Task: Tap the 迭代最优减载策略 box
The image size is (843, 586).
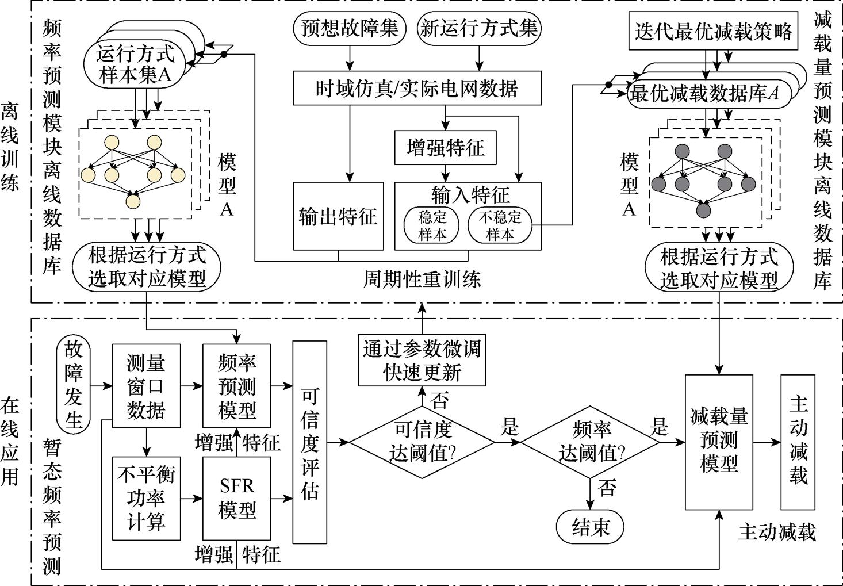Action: coord(713,31)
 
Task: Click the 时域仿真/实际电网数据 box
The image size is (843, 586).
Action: coord(417,88)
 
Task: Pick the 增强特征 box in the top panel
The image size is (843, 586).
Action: coord(445,148)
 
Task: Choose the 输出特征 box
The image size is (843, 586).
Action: coord(338,217)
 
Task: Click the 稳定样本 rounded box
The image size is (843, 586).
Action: coord(432,225)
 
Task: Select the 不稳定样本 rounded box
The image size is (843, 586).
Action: coord(500,225)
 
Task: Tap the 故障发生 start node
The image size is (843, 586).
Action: coord(74,384)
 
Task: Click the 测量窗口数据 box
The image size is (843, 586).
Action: coord(146,386)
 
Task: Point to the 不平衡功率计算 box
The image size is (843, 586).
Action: coord(146,498)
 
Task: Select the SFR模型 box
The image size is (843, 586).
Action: coord(236,498)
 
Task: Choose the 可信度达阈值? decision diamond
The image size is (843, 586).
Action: coord(421,442)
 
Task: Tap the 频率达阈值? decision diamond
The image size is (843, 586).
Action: coord(591,442)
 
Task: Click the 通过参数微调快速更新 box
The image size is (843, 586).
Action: coord(421,360)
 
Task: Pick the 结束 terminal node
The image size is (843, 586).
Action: coord(590,526)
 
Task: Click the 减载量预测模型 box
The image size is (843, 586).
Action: coord(719,442)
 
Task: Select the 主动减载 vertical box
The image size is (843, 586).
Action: coord(798,442)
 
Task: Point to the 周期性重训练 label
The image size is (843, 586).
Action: coord(421,280)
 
